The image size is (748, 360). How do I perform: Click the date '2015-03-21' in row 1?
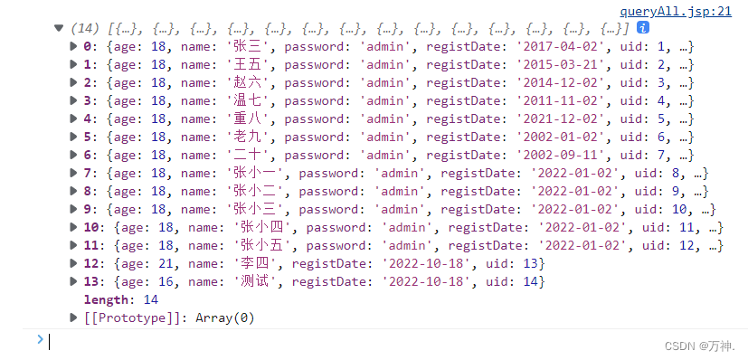(x=559, y=64)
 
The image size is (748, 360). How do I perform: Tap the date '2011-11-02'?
(x=559, y=101)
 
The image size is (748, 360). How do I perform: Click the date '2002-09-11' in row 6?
(x=559, y=155)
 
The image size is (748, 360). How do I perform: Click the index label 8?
(x=87, y=191)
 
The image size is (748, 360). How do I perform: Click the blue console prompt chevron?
(x=39, y=340)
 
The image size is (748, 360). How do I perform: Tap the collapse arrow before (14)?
(x=59, y=27)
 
